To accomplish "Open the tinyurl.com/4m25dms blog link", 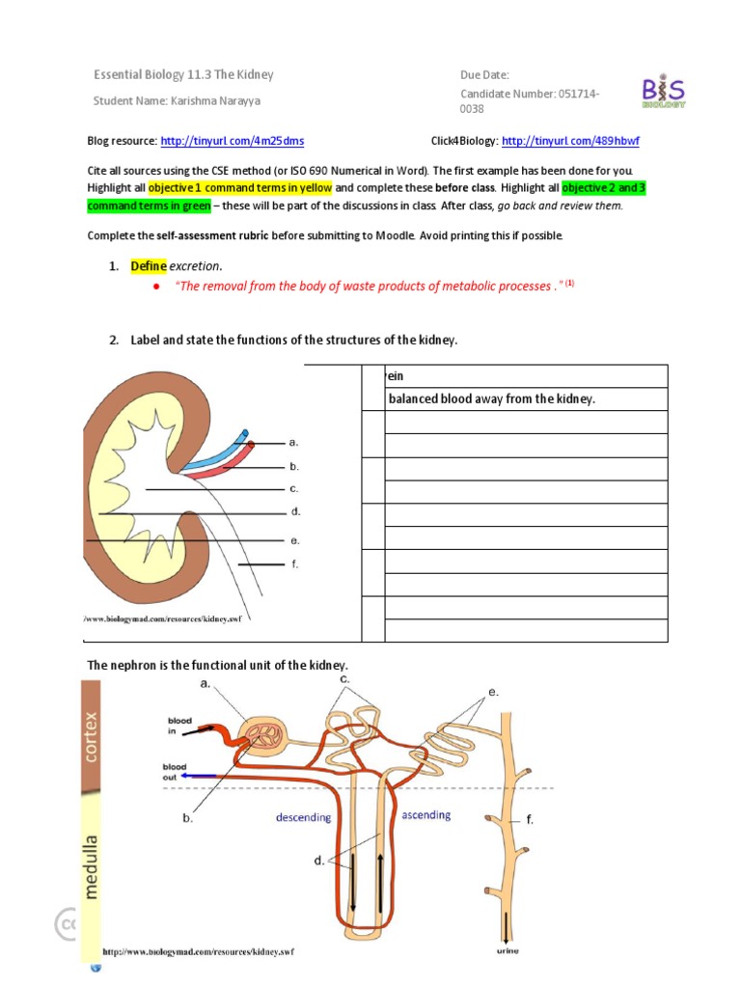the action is (233, 141).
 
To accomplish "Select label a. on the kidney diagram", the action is (293, 442).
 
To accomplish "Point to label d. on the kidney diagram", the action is (295, 511).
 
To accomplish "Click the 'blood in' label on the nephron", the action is (179, 725).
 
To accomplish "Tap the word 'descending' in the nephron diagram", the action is (303, 817).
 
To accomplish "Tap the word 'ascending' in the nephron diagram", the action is (425, 815).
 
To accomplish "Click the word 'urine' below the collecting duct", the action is (508, 950).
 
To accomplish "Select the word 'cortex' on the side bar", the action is (92, 737).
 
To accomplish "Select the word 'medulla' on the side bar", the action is (92, 866).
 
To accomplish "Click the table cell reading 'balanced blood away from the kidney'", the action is (491, 398).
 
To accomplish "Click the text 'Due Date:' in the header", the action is (484, 75).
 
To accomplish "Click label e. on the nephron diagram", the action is (492, 692).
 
